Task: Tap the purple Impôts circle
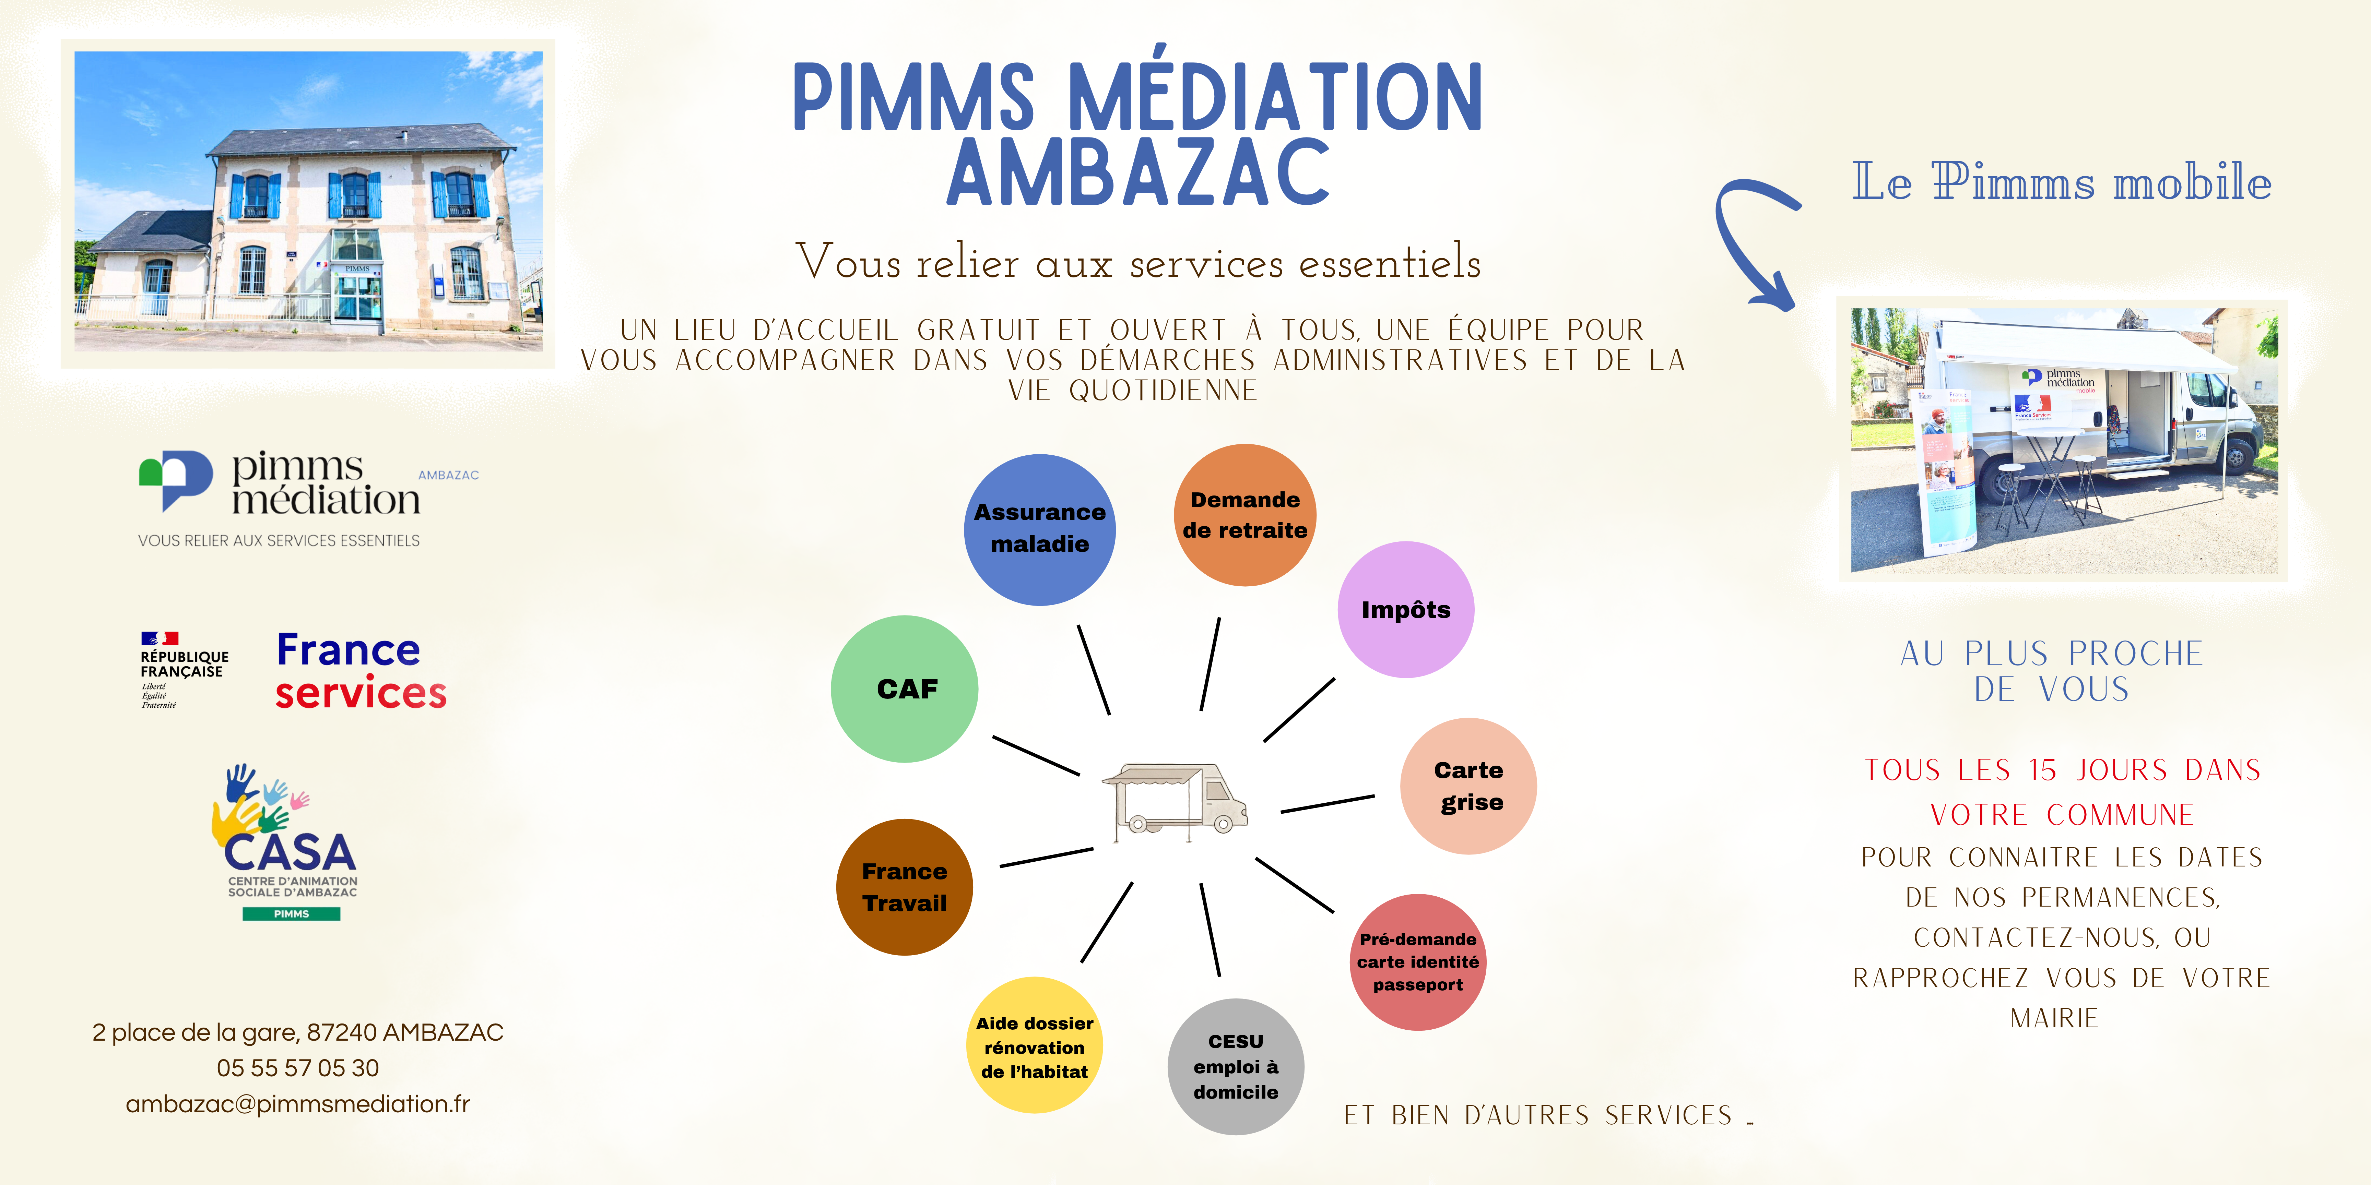tap(1405, 609)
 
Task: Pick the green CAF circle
tap(905, 688)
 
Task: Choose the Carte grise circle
tap(1468, 786)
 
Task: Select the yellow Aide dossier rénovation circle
tap(1035, 1045)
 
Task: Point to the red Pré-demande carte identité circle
tap(1417, 961)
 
